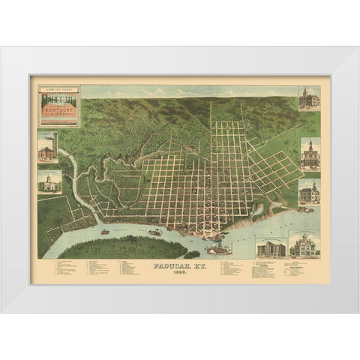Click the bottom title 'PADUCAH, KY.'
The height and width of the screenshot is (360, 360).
(179, 265)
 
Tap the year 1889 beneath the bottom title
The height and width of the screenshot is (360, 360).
(179, 271)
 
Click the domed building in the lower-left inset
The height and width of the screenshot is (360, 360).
(49, 181)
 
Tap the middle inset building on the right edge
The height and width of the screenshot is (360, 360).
(309, 154)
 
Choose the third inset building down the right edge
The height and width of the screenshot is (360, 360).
(309, 192)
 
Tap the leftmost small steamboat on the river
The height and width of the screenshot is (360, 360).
(105, 231)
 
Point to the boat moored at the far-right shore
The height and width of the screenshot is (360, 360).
(304, 210)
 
